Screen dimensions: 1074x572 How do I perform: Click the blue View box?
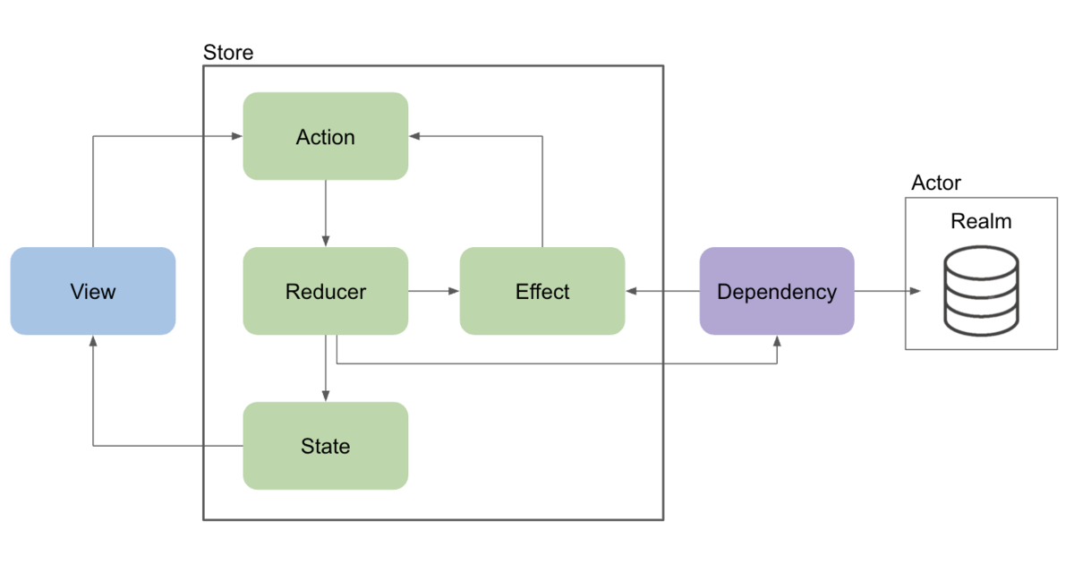pyautogui.click(x=93, y=291)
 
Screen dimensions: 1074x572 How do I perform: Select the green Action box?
pyautogui.click(x=326, y=136)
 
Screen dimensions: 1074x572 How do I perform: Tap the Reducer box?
pyautogui.click(x=326, y=291)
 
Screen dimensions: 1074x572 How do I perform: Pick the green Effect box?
pyautogui.click(x=542, y=291)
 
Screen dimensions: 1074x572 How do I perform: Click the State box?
pyautogui.click(x=326, y=446)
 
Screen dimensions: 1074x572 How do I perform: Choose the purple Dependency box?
pyautogui.click(x=777, y=291)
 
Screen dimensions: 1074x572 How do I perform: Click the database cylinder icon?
pyautogui.click(x=981, y=291)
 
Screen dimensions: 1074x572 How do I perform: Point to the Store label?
pyautogui.click(x=228, y=52)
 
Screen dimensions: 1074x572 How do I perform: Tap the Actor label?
pyautogui.click(x=936, y=183)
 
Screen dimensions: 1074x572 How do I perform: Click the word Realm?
pyautogui.click(x=981, y=221)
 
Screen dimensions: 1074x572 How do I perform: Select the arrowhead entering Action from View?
pyautogui.click(x=237, y=136)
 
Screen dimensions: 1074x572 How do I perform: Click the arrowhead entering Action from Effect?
pyautogui.click(x=414, y=136)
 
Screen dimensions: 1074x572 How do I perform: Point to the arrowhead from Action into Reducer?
pyautogui.click(x=326, y=241)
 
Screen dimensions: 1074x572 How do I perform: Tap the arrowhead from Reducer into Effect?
pyautogui.click(x=454, y=291)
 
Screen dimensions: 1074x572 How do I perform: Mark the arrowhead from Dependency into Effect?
pyautogui.click(x=632, y=291)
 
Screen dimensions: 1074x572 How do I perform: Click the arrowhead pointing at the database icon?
pyautogui.click(x=915, y=291)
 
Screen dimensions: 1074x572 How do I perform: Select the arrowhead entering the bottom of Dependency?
pyautogui.click(x=777, y=341)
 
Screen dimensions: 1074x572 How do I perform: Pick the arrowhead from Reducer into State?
pyautogui.click(x=326, y=396)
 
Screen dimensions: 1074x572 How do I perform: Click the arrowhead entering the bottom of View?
pyautogui.click(x=93, y=341)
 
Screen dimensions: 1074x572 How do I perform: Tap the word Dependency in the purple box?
pyautogui.click(x=777, y=292)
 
